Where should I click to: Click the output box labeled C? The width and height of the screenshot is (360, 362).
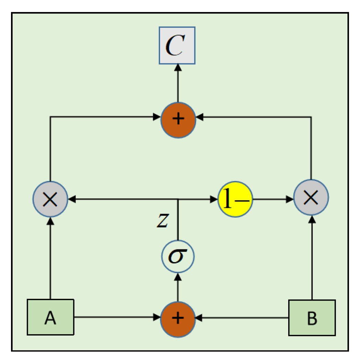[177, 45]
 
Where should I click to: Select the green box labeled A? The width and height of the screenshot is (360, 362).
[50, 317]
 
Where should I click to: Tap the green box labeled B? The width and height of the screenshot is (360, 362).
[312, 317]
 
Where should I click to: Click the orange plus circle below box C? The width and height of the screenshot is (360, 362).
[178, 120]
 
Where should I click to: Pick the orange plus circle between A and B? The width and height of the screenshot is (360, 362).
[178, 318]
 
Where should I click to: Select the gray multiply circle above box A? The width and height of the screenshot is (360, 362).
[50, 199]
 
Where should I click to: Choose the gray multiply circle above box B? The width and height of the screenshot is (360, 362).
[311, 199]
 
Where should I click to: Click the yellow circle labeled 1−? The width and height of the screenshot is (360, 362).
[235, 199]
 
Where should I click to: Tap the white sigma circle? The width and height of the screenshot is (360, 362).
[178, 257]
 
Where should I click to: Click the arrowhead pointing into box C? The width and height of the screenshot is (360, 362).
[178, 67]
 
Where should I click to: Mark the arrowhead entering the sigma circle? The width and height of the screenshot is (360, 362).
[178, 277]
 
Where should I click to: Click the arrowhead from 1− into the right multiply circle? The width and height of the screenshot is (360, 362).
[290, 199]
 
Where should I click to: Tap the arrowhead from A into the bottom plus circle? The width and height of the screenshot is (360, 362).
[157, 318]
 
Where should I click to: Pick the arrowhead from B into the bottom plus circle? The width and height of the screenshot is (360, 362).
[199, 318]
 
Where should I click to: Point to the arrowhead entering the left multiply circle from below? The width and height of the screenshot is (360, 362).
[50, 220]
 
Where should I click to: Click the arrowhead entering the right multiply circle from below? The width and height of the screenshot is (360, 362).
[312, 220]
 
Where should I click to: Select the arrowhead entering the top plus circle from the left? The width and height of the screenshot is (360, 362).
[158, 117]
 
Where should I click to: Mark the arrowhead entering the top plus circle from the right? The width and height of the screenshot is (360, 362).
[199, 117]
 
